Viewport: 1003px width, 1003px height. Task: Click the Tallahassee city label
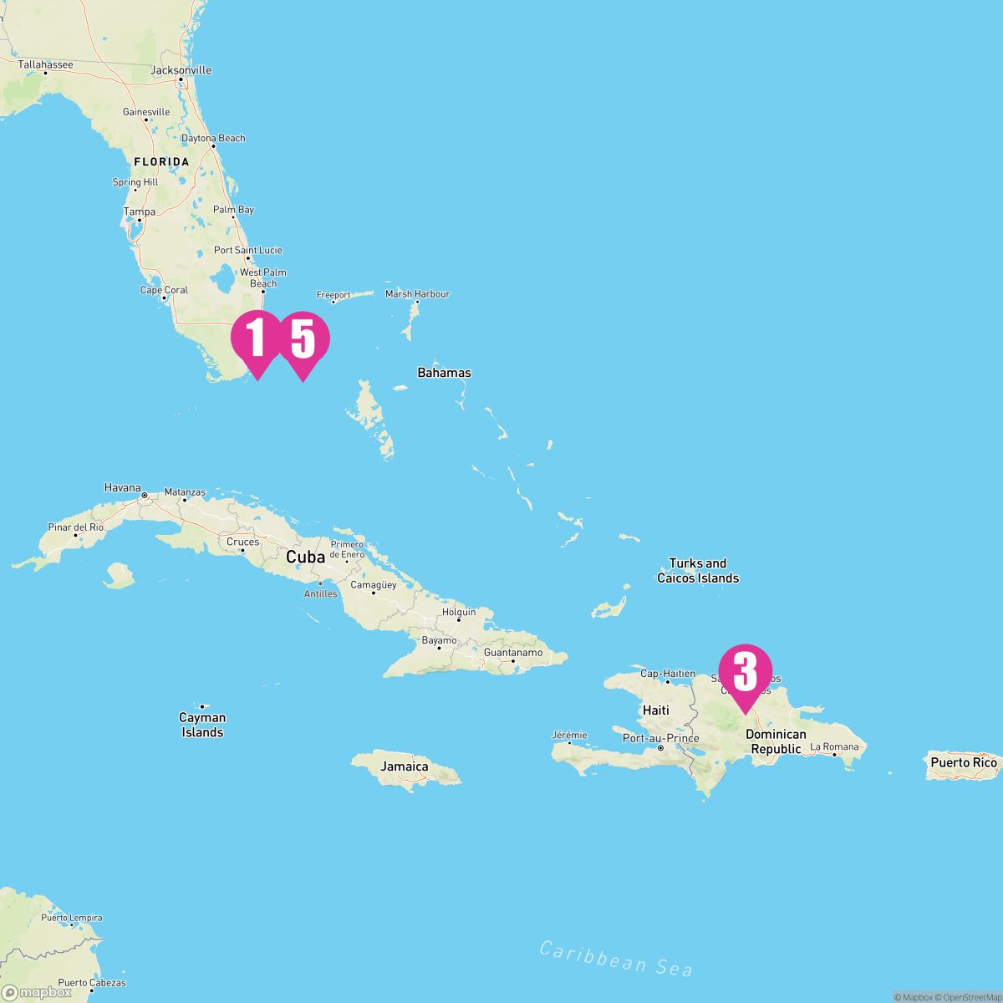point(45,64)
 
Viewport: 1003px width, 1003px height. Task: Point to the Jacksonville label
point(181,70)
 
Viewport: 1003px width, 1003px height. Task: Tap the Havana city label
point(123,487)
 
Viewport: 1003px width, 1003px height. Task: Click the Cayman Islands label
point(202,725)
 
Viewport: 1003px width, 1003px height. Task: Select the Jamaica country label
point(405,766)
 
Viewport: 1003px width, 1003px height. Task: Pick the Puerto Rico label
point(964,762)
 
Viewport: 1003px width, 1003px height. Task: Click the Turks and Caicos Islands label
point(698,570)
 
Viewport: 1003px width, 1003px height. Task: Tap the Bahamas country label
point(444,373)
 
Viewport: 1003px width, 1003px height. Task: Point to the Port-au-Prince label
point(660,738)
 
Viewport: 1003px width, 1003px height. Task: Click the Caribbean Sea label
point(616,958)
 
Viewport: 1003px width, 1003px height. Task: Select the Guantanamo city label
point(513,652)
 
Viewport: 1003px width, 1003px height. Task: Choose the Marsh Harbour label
point(417,294)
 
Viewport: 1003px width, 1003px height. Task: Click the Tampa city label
point(140,211)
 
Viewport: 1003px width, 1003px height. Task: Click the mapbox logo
point(37,992)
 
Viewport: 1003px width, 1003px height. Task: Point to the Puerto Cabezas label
point(92,983)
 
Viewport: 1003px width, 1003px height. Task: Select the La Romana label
point(834,746)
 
